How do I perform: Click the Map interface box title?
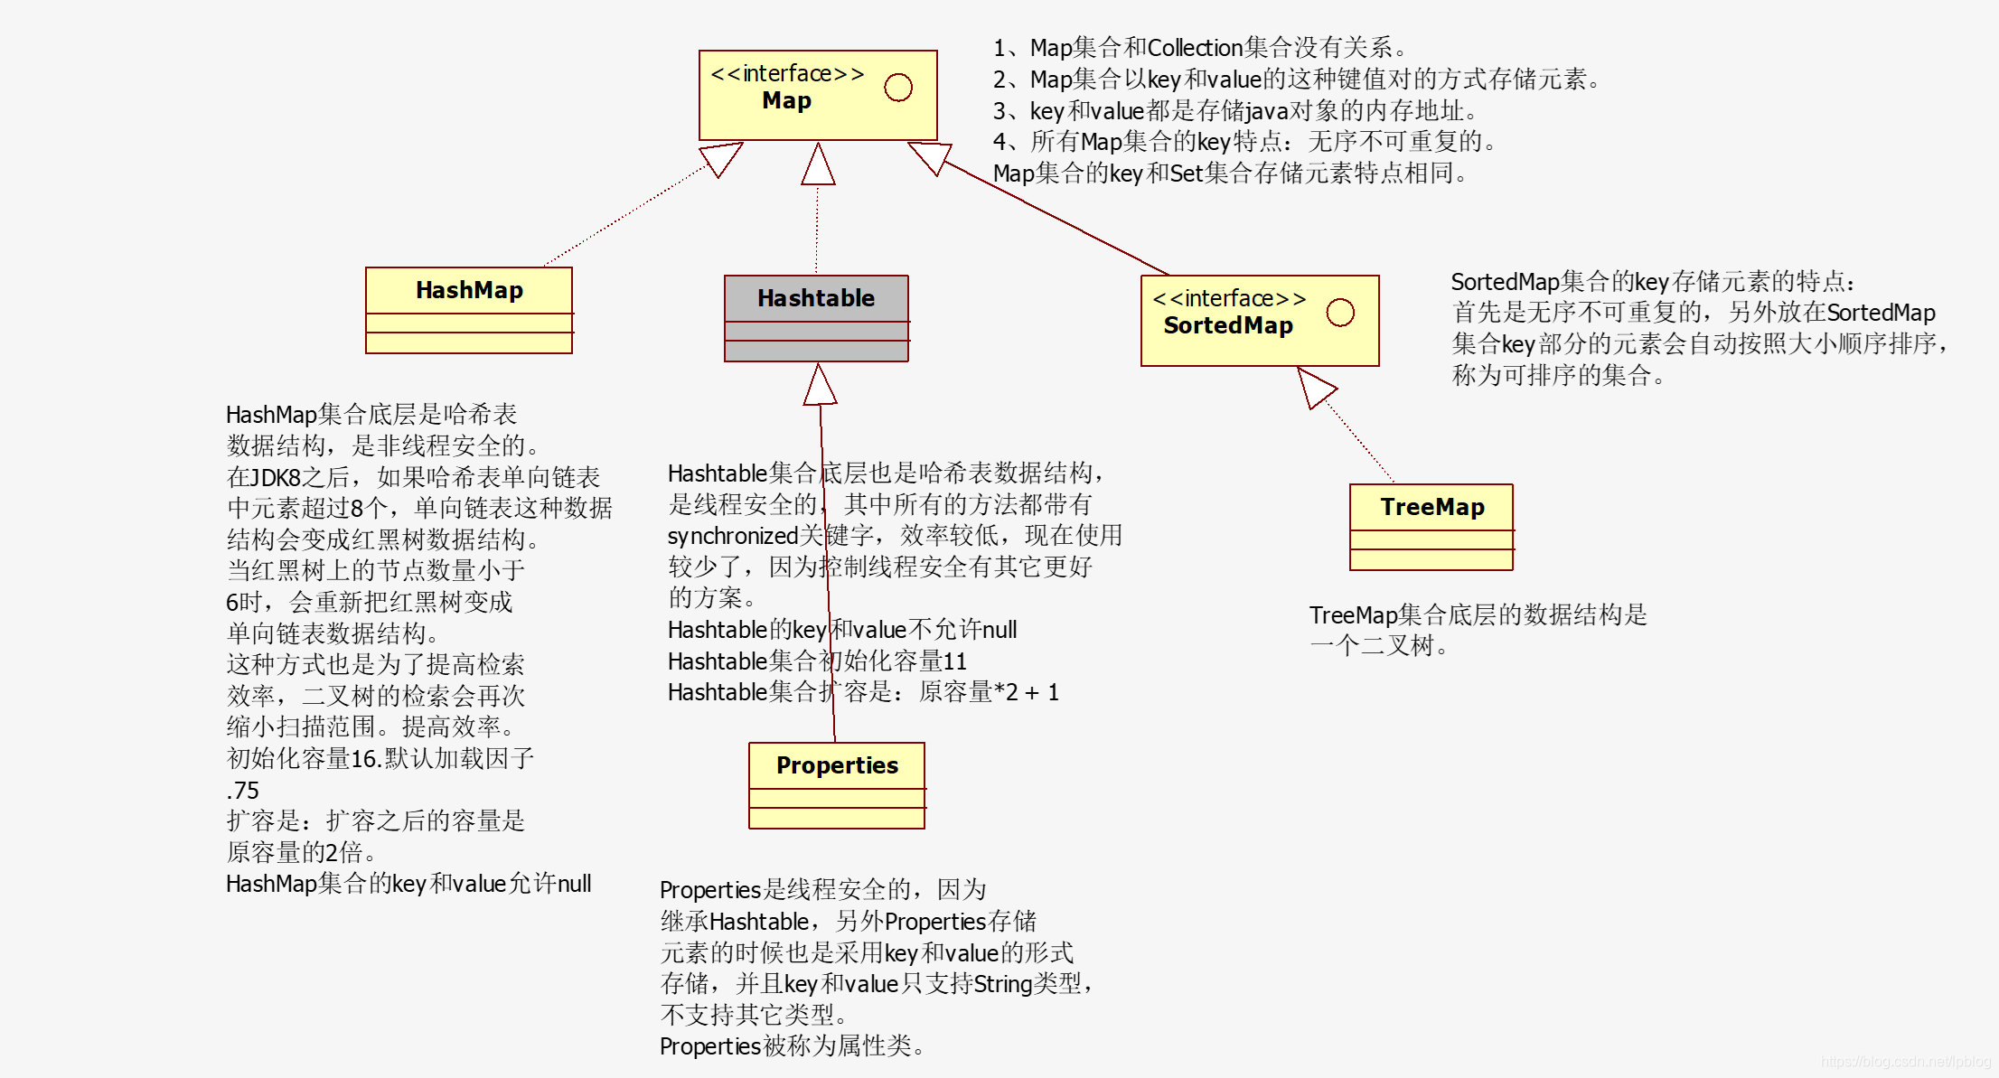pyautogui.click(x=786, y=100)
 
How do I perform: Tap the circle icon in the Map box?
pyautogui.click(x=897, y=88)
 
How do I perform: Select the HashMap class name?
pyautogui.click(x=469, y=290)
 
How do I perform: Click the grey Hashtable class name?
pyautogui.click(x=815, y=298)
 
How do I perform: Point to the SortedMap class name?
pyautogui.click(x=1227, y=325)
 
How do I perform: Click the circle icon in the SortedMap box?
pyautogui.click(x=1339, y=313)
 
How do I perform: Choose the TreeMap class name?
pyautogui.click(x=1431, y=507)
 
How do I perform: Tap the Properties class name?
pyautogui.click(x=837, y=765)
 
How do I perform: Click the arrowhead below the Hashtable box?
pyautogui.click(x=820, y=385)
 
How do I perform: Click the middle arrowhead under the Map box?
pyautogui.click(x=818, y=164)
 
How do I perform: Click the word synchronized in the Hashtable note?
pyautogui.click(x=732, y=536)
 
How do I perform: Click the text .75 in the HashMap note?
pyautogui.click(x=242, y=791)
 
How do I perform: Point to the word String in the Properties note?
pyautogui.click(x=1002, y=984)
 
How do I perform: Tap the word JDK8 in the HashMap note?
pyautogui.click(x=276, y=477)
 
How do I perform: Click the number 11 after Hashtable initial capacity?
pyautogui.click(x=954, y=661)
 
